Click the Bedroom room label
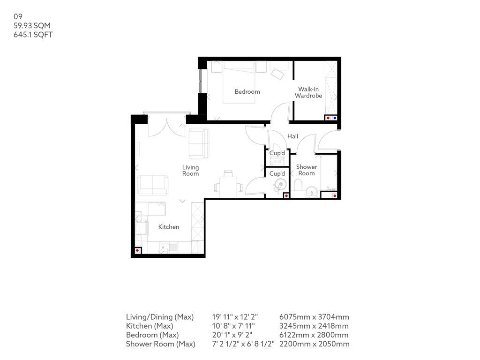(x=247, y=91)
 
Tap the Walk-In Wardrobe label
(x=308, y=92)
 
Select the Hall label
(x=292, y=136)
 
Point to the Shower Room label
(x=307, y=170)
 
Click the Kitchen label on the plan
(x=168, y=227)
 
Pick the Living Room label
(x=190, y=170)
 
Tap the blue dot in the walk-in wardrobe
(x=334, y=118)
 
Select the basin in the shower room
(x=310, y=192)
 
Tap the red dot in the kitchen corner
(x=137, y=250)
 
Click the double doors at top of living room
(x=166, y=126)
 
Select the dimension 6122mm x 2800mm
(x=314, y=335)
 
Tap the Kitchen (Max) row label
(x=150, y=326)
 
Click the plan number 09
(x=18, y=16)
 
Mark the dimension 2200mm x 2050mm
(x=314, y=344)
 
